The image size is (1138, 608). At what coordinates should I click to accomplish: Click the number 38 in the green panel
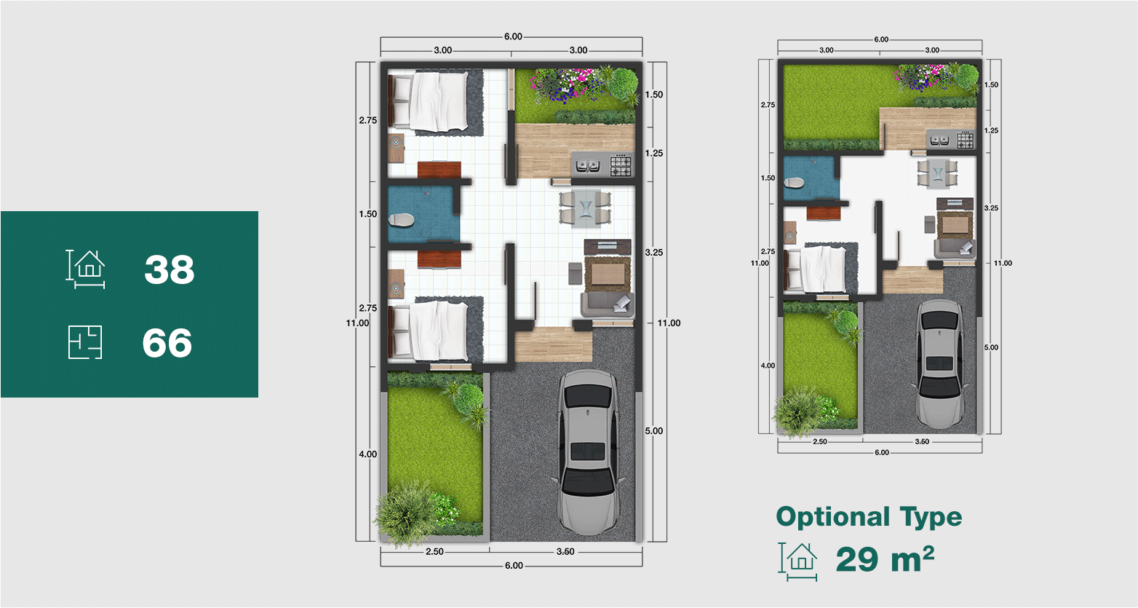[170, 269]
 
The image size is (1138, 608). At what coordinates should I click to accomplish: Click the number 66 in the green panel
[167, 343]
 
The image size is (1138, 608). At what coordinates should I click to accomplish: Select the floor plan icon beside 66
[85, 342]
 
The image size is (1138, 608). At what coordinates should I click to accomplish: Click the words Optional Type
[869, 518]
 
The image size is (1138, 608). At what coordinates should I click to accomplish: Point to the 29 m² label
[885, 559]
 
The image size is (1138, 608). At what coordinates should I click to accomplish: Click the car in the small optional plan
[941, 363]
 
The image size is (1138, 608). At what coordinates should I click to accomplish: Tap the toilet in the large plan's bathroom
[402, 220]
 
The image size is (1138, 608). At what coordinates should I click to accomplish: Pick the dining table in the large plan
[585, 208]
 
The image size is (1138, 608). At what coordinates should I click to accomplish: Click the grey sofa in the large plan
[608, 305]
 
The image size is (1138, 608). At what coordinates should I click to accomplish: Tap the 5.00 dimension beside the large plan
[654, 431]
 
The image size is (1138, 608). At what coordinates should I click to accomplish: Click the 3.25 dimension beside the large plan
[654, 253]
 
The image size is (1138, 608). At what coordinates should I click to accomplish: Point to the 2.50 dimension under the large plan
[434, 552]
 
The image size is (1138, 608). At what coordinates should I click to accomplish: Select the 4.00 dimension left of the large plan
[368, 454]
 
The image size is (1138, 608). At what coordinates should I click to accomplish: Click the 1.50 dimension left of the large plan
[368, 214]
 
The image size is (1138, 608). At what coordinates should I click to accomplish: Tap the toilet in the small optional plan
[794, 183]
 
